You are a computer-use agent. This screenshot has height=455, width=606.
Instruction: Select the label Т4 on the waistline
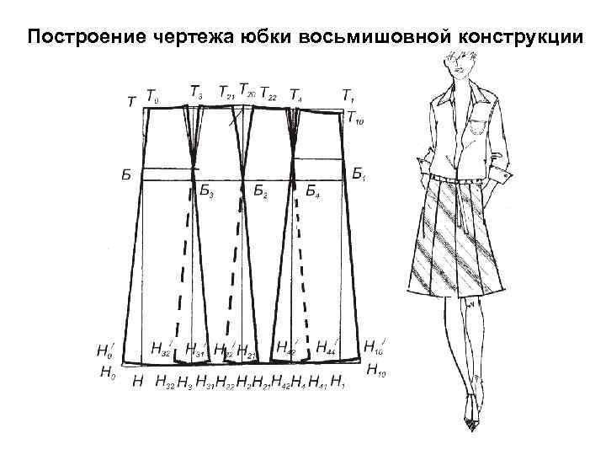pos(297,93)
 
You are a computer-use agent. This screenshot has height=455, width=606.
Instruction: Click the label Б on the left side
pos(125,175)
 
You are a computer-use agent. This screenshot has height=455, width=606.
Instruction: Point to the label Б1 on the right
pos(359,174)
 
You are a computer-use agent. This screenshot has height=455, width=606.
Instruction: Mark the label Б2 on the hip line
pos(261,193)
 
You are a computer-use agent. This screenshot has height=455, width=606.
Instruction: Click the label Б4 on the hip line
pos(312,193)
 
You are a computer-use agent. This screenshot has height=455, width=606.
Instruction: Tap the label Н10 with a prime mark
pos(374,346)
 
